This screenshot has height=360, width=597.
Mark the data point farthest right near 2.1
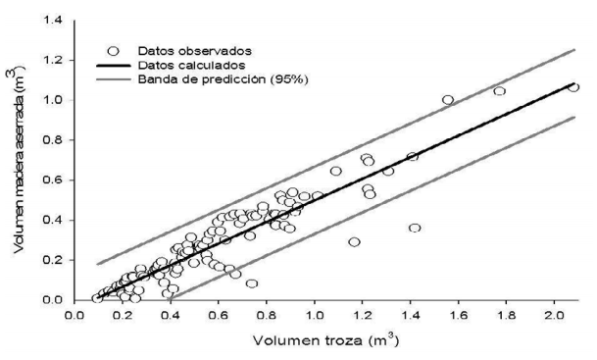(x=573, y=87)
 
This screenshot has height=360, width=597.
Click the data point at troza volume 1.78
(x=499, y=91)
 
